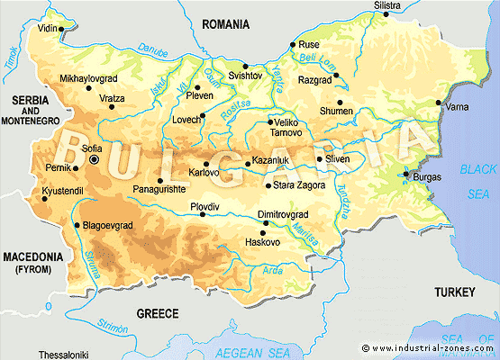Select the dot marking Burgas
[x=406, y=174]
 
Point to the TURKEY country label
[x=453, y=292]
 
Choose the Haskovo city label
[x=263, y=242]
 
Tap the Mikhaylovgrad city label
[x=89, y=78]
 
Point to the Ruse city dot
[x=292, y=45]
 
